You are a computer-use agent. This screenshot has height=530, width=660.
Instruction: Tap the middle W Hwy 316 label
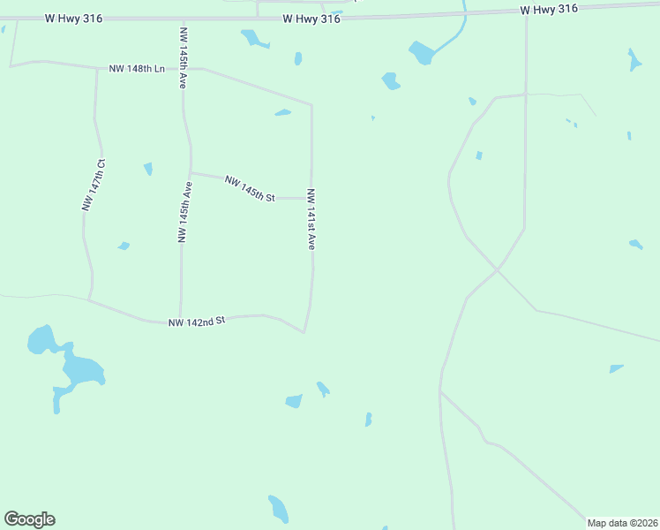pos(311,19)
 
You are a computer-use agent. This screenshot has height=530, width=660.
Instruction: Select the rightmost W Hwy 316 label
pos(549,9)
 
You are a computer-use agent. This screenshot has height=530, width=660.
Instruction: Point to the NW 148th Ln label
pos(138,69)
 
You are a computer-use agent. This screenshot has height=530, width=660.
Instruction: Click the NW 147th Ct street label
pos(94,185)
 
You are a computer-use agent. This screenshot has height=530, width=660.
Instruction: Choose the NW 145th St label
pos(251,188)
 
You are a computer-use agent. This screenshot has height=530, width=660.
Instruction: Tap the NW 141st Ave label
pos(311,219)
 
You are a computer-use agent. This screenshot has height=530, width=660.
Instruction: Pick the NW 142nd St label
pos(198,322)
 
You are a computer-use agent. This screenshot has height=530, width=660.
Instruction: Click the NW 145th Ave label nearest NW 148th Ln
pos(184,58)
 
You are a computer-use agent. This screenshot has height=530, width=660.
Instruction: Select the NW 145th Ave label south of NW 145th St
pos(185,212)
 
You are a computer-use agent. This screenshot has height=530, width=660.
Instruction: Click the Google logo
pos(29,519)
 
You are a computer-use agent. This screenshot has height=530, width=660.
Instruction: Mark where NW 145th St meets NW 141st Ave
pos(311,199)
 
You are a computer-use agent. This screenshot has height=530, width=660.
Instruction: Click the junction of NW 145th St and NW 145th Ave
pos(191,173)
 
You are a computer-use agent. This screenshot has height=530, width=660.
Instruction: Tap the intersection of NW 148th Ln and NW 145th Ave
pos(183,68)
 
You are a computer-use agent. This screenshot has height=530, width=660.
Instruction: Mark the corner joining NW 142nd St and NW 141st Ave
pos(304,332)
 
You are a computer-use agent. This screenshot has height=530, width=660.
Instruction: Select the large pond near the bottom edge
pos(278,509)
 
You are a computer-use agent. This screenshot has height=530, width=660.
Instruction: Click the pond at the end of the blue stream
pos(422,53)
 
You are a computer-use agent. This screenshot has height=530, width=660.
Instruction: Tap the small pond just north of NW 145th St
pos(282,112)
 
